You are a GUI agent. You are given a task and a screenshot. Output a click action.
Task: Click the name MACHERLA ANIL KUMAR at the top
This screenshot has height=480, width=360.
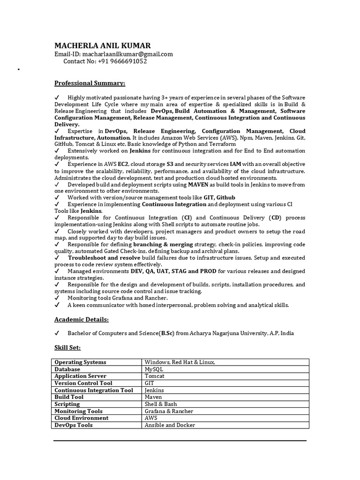tap(103, 45)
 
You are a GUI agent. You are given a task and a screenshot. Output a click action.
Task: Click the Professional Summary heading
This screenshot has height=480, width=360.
tap(90, 83)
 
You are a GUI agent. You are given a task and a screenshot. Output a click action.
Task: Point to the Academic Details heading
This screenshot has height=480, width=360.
tap(82, 319)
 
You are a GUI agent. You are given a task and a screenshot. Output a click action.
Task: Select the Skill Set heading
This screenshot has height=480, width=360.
tap(67, 347)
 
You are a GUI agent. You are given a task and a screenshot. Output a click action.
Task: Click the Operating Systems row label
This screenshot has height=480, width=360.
tap(80, 362)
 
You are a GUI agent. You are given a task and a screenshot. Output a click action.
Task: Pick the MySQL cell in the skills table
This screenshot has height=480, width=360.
tap(154, 369)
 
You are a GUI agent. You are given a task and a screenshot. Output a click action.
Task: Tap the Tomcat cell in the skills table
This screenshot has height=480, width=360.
tap(154, 376)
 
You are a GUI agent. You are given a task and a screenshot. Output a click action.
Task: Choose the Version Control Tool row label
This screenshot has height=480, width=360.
tap(83, 383)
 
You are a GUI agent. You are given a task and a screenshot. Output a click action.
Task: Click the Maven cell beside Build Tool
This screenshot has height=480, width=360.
tap(153, 397)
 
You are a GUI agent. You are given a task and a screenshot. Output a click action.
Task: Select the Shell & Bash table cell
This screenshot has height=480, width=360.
tap(161, 404)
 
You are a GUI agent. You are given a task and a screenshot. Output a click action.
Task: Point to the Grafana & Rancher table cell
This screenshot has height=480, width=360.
tap(169, 411)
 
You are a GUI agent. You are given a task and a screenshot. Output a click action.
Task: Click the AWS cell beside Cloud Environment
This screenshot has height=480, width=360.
tap(151, 418)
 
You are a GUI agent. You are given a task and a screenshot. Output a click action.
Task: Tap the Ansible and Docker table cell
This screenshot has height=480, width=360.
tap(170, 425)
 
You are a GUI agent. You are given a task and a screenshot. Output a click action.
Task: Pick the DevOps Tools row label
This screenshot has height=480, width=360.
tap(74, 425)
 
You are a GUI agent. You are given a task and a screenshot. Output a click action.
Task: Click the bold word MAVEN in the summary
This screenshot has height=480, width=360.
tap(198, 185)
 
